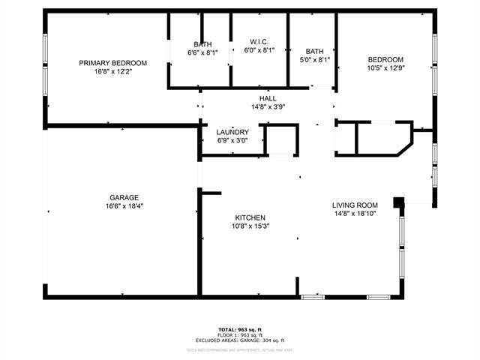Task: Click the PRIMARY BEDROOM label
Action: tap(112, 63)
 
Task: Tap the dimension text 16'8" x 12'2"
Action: tap(112, 73)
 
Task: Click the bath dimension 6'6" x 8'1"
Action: tap(202, 52)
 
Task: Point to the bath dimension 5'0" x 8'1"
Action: tap(314, 60)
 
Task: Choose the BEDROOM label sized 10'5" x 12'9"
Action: tap(385, 60)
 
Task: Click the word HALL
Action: tap(268, 98)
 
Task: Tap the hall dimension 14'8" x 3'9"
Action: tap(268, 107)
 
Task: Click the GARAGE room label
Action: tap(124, 198)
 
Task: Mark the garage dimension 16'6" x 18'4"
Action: tap(124, 207)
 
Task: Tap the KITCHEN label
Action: tap(250, 217)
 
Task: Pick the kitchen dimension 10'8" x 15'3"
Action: tap(250, 226)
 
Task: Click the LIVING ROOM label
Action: tap(355, 205)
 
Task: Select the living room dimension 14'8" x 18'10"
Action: tap(355, 214)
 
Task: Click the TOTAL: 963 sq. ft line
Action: tap(241, 329)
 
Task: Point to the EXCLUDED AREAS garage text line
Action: tap(241, 340)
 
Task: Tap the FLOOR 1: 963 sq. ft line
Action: tap(241, 335)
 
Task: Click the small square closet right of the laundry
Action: tap(281, 139)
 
